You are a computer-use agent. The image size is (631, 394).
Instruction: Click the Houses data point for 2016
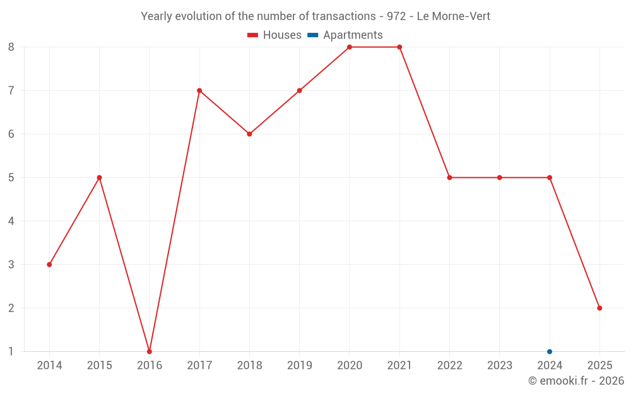click(x=150, y=351)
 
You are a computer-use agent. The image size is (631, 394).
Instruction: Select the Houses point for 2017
click(x=199, y=90)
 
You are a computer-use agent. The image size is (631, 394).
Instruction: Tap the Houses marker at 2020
click(x=350, y=47)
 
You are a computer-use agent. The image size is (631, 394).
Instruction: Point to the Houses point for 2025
click(x=599, y=308)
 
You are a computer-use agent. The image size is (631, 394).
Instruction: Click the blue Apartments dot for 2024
click(x=550, y=351)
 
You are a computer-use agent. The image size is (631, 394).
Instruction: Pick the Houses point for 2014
click(x=49, y=264)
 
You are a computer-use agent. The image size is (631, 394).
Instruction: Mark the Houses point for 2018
click(x=249, y=134)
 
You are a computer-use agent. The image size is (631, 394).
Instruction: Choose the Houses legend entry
click(x=275, y=35)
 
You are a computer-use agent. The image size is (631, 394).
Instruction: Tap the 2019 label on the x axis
click(x=300, y=365)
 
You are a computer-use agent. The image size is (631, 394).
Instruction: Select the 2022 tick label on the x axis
click(x=449, y=365)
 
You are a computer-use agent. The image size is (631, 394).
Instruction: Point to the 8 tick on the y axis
click(x=11, y=47)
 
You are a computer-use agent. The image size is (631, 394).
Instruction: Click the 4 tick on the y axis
click(x=11, y=221)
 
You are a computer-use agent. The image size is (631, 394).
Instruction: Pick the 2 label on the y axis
click(x=11, y=308)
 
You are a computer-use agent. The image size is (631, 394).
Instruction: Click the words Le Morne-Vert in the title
click(x=453, y=16)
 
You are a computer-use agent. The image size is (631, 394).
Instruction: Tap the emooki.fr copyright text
click(x=575, y=381)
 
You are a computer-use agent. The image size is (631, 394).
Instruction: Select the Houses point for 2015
click(x=99, y=177)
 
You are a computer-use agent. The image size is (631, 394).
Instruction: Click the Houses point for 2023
click(x=500, y=177)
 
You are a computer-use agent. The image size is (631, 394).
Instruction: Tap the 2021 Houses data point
click(x=399, y=47)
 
